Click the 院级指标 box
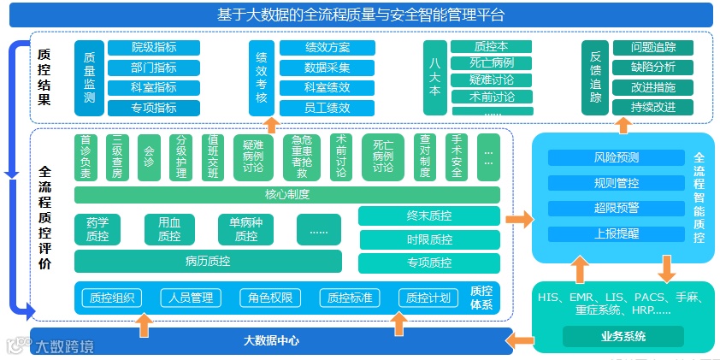pyautogui.click(x=154, y=48)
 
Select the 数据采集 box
pyautogui.click(x=327, y=68)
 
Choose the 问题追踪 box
pyautogui.click(x=653, y=48)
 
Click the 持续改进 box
pyautogui.click(x=653, y=107)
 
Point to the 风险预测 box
pyautogui.click(x=616, y=157)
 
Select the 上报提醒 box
pyautogui.click(x=616, y=233)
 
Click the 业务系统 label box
pyautogui.click(x=623, y=336)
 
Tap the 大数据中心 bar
pyautogui.click(x=271, y=340)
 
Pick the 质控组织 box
pyautogui.click(x=109, y=298)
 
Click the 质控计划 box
pyautogui.click(x=428, y=298)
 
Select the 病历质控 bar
pyautogui.click(x=207, y=261)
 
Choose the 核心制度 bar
pyautogui.click(x=287, y=194)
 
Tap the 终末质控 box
pyautogui.click(x=428, y=216)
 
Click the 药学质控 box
pyautogui.click(x=97, y=228)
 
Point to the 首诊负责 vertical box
pyautogui.click(x=86, y=157)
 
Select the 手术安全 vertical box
pyautogui.click(x=457, y=157)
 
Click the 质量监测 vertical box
pyautogui.click(x=89, y=78)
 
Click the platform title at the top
pyautogui.click(x=359, y=14)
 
